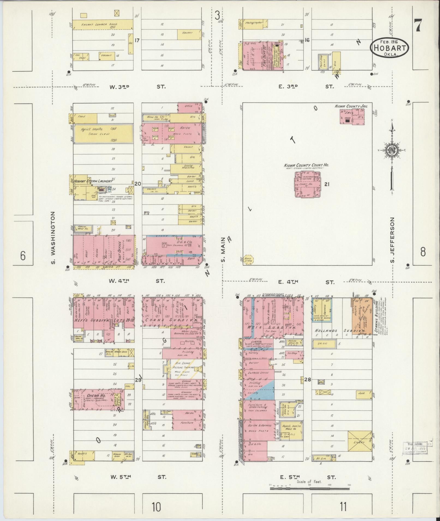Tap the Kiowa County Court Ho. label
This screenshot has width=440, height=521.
tap(306, 165)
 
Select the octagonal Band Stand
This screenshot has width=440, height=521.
tap(248, 259)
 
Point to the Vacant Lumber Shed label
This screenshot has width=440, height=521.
tap(99, 25)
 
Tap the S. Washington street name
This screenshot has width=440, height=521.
tap(53, 237)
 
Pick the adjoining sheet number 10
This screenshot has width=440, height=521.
tap(156, 507)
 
